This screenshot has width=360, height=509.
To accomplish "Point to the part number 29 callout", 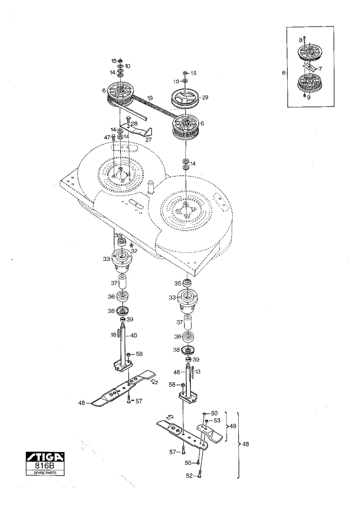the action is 205,97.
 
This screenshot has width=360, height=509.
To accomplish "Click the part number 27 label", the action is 148,140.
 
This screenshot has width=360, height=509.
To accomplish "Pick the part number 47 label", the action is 107,137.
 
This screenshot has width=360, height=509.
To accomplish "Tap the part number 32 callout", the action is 134,251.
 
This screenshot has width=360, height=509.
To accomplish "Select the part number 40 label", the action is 133,335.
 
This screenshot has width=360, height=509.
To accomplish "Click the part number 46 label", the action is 177,373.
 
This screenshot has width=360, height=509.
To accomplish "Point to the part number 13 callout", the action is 198,372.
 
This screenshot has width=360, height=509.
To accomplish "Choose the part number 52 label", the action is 189,475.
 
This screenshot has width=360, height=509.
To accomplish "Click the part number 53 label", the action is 216,420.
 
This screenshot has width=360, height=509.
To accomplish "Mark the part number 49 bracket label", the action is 233,426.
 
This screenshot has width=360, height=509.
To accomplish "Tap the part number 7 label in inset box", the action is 320,69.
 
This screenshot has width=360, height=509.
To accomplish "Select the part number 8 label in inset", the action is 300,40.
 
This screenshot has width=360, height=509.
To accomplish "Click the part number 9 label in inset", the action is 309,97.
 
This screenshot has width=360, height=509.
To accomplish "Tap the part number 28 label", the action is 134,123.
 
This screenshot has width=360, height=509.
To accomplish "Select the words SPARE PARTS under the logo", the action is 45,473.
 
